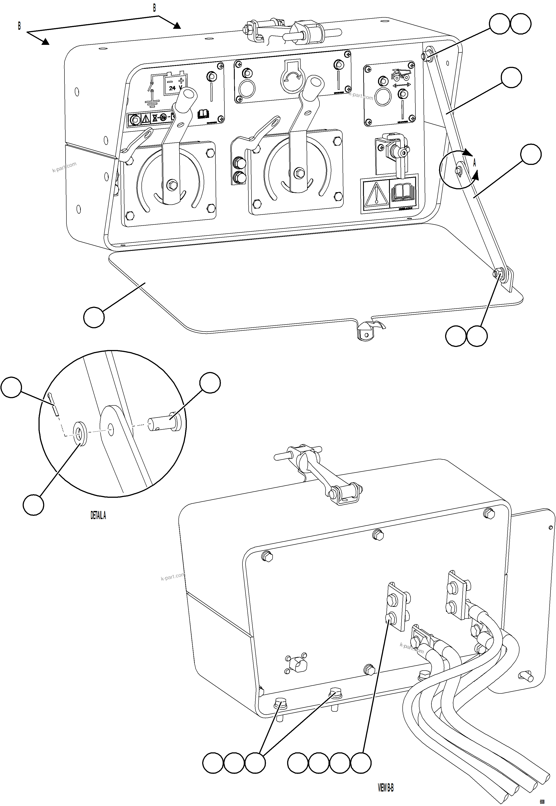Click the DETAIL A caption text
98,515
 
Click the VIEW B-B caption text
386,788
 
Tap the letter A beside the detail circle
474,163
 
